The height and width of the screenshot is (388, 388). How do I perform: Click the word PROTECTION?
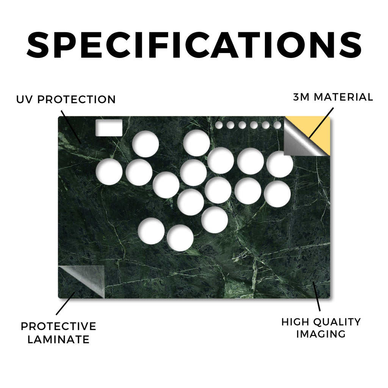click(77, 100)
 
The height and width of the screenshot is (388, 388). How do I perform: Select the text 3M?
click(301, 97)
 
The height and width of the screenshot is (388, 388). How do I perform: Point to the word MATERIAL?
click(343, 97)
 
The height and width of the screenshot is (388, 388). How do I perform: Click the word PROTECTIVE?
click(58, 326)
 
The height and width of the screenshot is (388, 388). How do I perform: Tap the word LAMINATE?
click(58, 339)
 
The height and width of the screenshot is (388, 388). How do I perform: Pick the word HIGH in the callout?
click(296, 322)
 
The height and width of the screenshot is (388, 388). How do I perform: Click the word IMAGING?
click(321, 334)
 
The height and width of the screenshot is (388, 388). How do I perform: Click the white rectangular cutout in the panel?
click(109, 128)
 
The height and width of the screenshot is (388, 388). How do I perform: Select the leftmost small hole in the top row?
click(219, 125)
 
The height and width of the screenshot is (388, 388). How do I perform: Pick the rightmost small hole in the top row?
click(278, 125)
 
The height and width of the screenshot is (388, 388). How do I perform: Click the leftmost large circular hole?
click(109, 172)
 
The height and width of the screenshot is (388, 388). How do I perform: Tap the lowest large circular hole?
click(180, 238)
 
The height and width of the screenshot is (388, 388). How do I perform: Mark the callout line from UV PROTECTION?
click(71, 127)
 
